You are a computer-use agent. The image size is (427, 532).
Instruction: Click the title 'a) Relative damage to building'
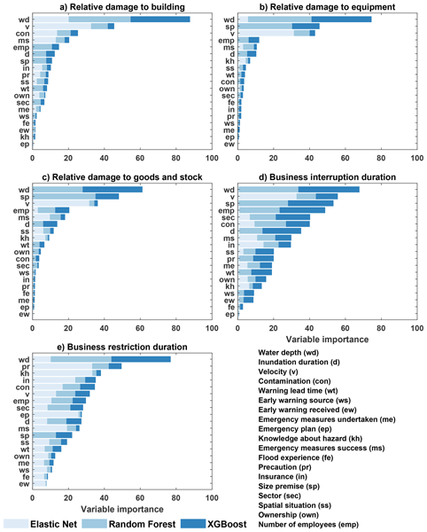click(x=121, y=8)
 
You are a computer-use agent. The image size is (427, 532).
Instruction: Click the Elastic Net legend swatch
click(x=19, y=523)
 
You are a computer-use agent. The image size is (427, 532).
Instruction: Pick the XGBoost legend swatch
click(x=199, y=523)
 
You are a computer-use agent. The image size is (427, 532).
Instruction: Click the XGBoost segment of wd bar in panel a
click(x=160, y=19)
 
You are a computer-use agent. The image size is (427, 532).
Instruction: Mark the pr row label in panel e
click(x=24, y=366)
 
